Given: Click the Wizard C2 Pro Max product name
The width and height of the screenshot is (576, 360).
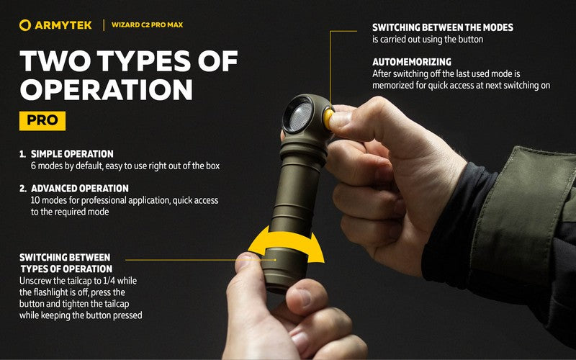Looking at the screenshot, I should tap(148, 25).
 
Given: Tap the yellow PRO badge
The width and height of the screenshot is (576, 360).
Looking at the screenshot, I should tap(42, 120).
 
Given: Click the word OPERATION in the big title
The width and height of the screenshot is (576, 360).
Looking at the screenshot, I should tap(106, 90).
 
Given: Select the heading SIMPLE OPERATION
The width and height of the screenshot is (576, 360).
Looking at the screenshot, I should tap(72, 154).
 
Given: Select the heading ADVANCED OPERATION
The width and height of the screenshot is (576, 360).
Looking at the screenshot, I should tap(79, 189).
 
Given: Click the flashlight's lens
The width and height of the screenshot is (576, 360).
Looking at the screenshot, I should tap(298, 116).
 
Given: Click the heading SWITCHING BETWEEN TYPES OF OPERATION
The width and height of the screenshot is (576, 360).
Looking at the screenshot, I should tap(65, 263).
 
